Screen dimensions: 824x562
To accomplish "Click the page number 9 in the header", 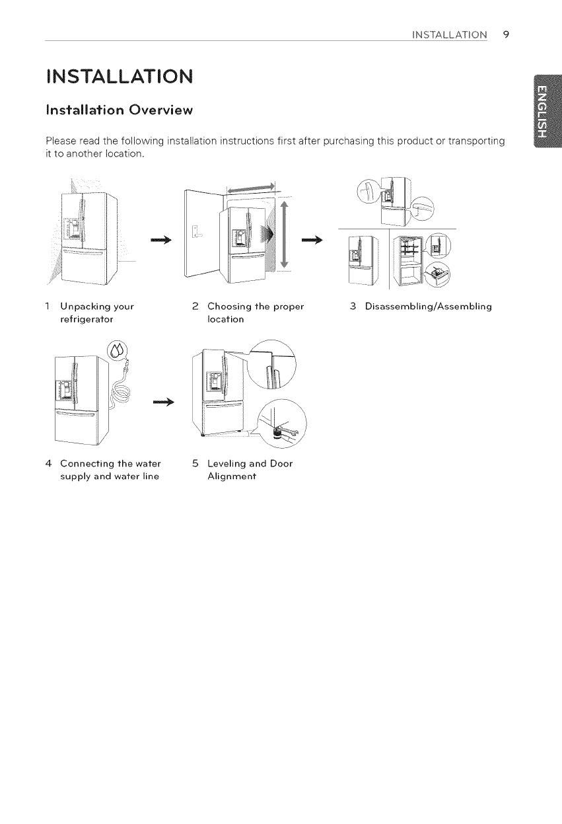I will click(x=505, y=34).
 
